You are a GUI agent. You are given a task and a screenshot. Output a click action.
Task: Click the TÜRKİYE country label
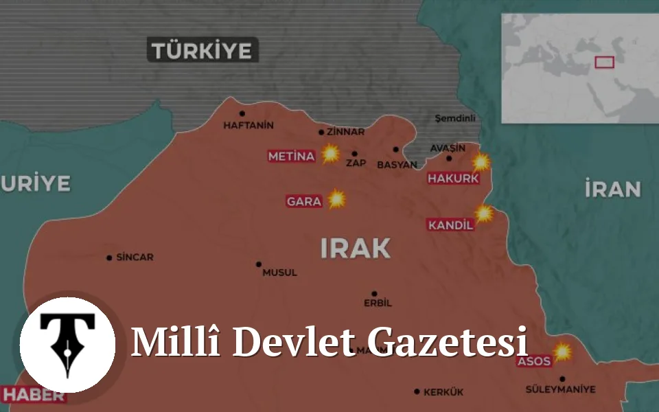click(x=203, y=50)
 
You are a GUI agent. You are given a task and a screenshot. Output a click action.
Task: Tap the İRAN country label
click(x=613, y=189)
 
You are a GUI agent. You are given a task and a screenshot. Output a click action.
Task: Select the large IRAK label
click(x=356, y=248)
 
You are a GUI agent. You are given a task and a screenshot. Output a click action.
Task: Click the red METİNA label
click(x=291, y=157)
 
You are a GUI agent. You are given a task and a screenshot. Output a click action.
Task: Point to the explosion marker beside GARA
click(x=336, y=200)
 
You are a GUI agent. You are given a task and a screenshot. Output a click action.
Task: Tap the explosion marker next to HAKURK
click(x=481, y=162)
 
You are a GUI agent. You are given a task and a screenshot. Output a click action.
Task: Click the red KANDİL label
click(x=450, y=225)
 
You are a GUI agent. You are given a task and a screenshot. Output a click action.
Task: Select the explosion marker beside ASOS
click(x=563, y=352)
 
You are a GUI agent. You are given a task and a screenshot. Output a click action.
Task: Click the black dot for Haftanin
click(x=242, y=114)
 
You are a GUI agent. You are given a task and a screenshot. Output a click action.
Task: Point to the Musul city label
click(x=280, y=273)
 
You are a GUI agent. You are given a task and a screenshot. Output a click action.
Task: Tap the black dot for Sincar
click(x=109, y=258)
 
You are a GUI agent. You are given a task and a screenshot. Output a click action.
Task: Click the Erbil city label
click(x=378, y=303)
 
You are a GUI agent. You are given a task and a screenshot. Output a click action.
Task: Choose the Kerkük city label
click(x=443, y=392)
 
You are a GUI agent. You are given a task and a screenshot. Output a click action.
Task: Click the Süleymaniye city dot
click(x=562, y=379)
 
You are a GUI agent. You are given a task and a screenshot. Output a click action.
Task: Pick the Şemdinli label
click(x=455, y=118)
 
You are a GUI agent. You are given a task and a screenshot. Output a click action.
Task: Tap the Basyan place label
click(x=397, y=165)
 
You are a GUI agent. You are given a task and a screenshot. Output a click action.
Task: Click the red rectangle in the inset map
click(x=604, y=62)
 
